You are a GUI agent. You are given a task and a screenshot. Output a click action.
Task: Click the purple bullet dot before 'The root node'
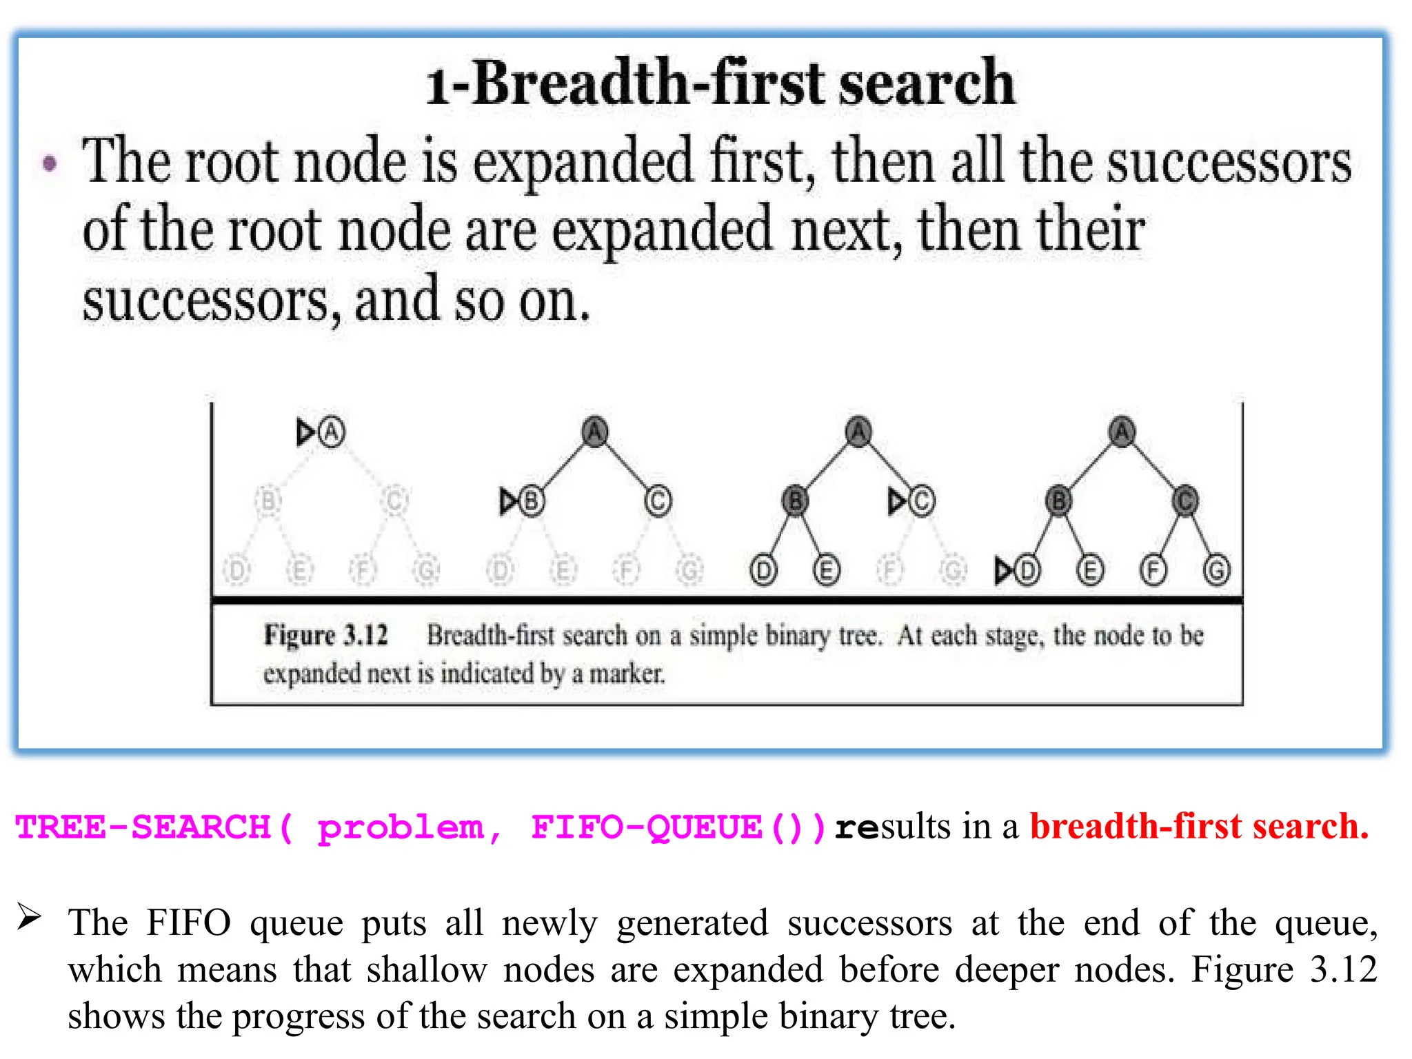(50, 164)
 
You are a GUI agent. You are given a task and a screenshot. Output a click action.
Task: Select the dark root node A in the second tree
(594, 432)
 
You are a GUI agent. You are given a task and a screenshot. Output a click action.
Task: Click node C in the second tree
(658, 501)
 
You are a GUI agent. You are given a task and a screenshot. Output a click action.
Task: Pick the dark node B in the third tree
(795, 501)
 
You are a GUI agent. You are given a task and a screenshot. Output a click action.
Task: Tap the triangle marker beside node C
(897, 501)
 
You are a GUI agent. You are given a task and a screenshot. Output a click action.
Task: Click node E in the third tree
(827, 571)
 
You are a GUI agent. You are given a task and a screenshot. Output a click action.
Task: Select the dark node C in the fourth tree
(1185, 501)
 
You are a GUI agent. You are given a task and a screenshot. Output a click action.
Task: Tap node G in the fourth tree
(1217, 571)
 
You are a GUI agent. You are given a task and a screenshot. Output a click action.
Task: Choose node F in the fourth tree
(1153, 571)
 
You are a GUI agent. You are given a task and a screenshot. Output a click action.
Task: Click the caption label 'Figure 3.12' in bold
(326, 635)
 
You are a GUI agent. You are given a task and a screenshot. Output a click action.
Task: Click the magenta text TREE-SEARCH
(143, 827)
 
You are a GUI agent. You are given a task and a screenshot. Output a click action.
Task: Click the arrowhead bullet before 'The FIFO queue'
(30, 917)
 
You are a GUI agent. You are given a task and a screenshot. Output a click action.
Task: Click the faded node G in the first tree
(427, 571)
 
